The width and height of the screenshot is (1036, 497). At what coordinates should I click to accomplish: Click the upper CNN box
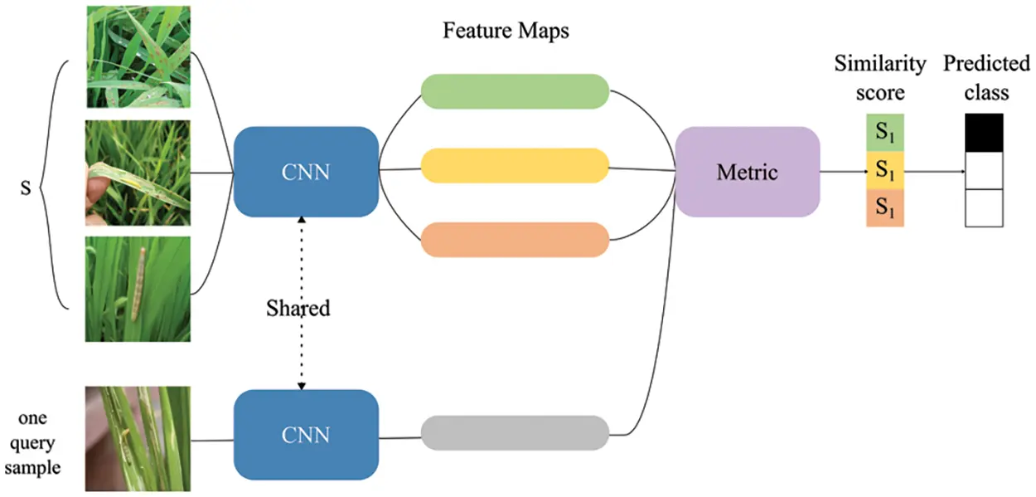coord(306,172)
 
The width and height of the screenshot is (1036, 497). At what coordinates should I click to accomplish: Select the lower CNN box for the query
coord(306,434)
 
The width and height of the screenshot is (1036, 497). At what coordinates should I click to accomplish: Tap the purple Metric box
coord(747,172)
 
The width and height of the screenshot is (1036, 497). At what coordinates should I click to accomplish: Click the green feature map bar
coord(515,91)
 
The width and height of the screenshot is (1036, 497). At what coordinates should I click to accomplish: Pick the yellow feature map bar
coord(515,165)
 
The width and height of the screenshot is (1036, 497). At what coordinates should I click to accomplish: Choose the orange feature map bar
coord(515,239)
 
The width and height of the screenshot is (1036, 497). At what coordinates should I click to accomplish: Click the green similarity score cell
coord(884,133)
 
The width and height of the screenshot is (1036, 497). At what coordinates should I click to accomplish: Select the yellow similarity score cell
coord(884,171)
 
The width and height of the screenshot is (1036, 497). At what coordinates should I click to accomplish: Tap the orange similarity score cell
coord(884,208)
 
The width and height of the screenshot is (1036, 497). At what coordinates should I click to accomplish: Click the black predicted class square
coord(985,133)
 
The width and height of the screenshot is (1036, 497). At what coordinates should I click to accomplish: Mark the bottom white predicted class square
coord(985,208)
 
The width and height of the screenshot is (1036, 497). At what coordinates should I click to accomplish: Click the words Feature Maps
coord(506,32)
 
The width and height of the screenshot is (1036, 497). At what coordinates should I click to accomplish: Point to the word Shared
coord(298,309)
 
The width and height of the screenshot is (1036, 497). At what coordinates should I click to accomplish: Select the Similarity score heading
coord(879,77)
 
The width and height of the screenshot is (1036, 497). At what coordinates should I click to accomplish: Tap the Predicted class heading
coord(985,77)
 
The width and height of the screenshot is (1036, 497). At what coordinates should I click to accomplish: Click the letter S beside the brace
coord(26,188)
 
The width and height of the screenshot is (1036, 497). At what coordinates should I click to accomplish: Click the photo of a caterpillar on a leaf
coord(138,289)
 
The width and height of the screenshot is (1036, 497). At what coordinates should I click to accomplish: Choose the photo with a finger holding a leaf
coord(138,173)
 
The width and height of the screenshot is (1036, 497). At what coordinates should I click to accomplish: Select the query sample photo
coord(138,438)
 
